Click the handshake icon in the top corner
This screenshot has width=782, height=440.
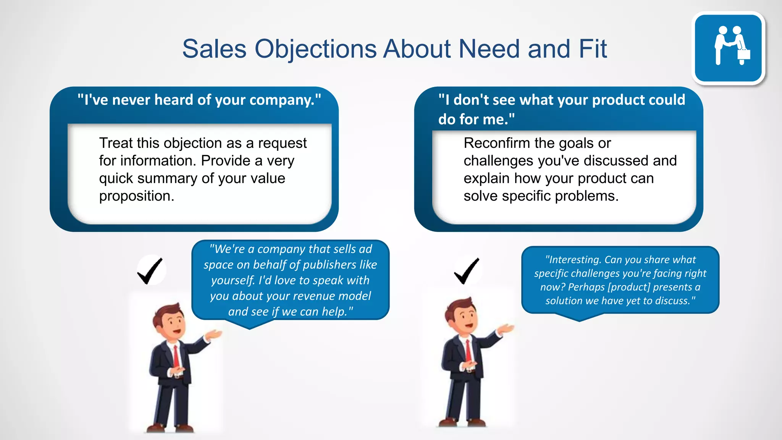(729, 47)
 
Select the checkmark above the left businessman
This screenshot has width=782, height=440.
(150, 270)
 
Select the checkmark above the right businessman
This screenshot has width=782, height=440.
(467, 270)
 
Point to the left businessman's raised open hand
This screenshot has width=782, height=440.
(214, 335)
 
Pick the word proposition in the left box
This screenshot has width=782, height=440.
(136, 196)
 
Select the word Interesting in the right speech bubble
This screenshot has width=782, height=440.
(574, 260)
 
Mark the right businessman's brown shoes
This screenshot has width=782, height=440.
(462, 422)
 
